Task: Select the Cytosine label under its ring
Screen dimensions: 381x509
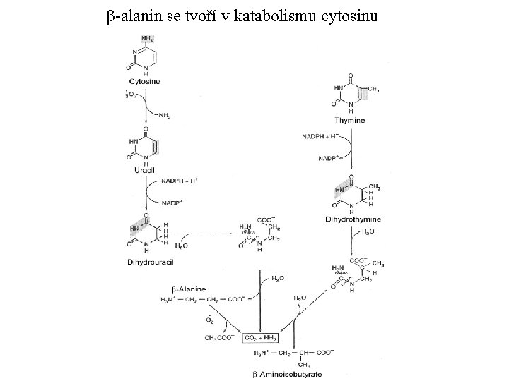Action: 145,82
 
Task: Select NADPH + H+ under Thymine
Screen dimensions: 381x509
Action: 322,135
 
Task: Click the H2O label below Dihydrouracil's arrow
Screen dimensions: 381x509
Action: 182,247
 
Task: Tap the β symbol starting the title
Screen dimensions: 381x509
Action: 112,15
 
